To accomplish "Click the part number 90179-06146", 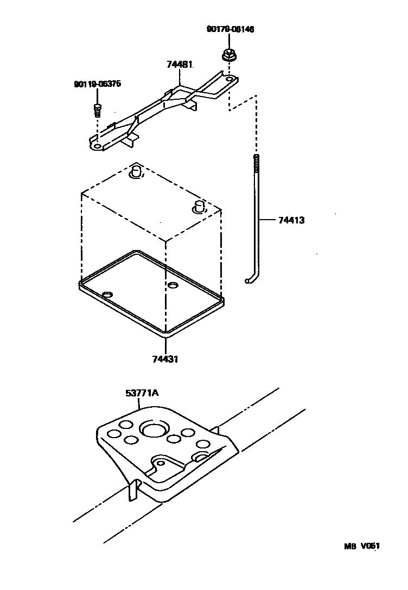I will [x=230, y=29].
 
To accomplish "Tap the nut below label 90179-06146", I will [x=227, y=55].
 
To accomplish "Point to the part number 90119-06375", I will [x=97, y=84].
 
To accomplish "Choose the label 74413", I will [x=291, y=221].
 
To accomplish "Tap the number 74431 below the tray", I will [x=165, y=359].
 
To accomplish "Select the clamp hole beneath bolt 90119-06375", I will [x=97, y=145].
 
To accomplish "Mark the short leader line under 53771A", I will [x=140, y=402].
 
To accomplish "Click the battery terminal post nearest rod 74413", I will [x=199, y=207].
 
